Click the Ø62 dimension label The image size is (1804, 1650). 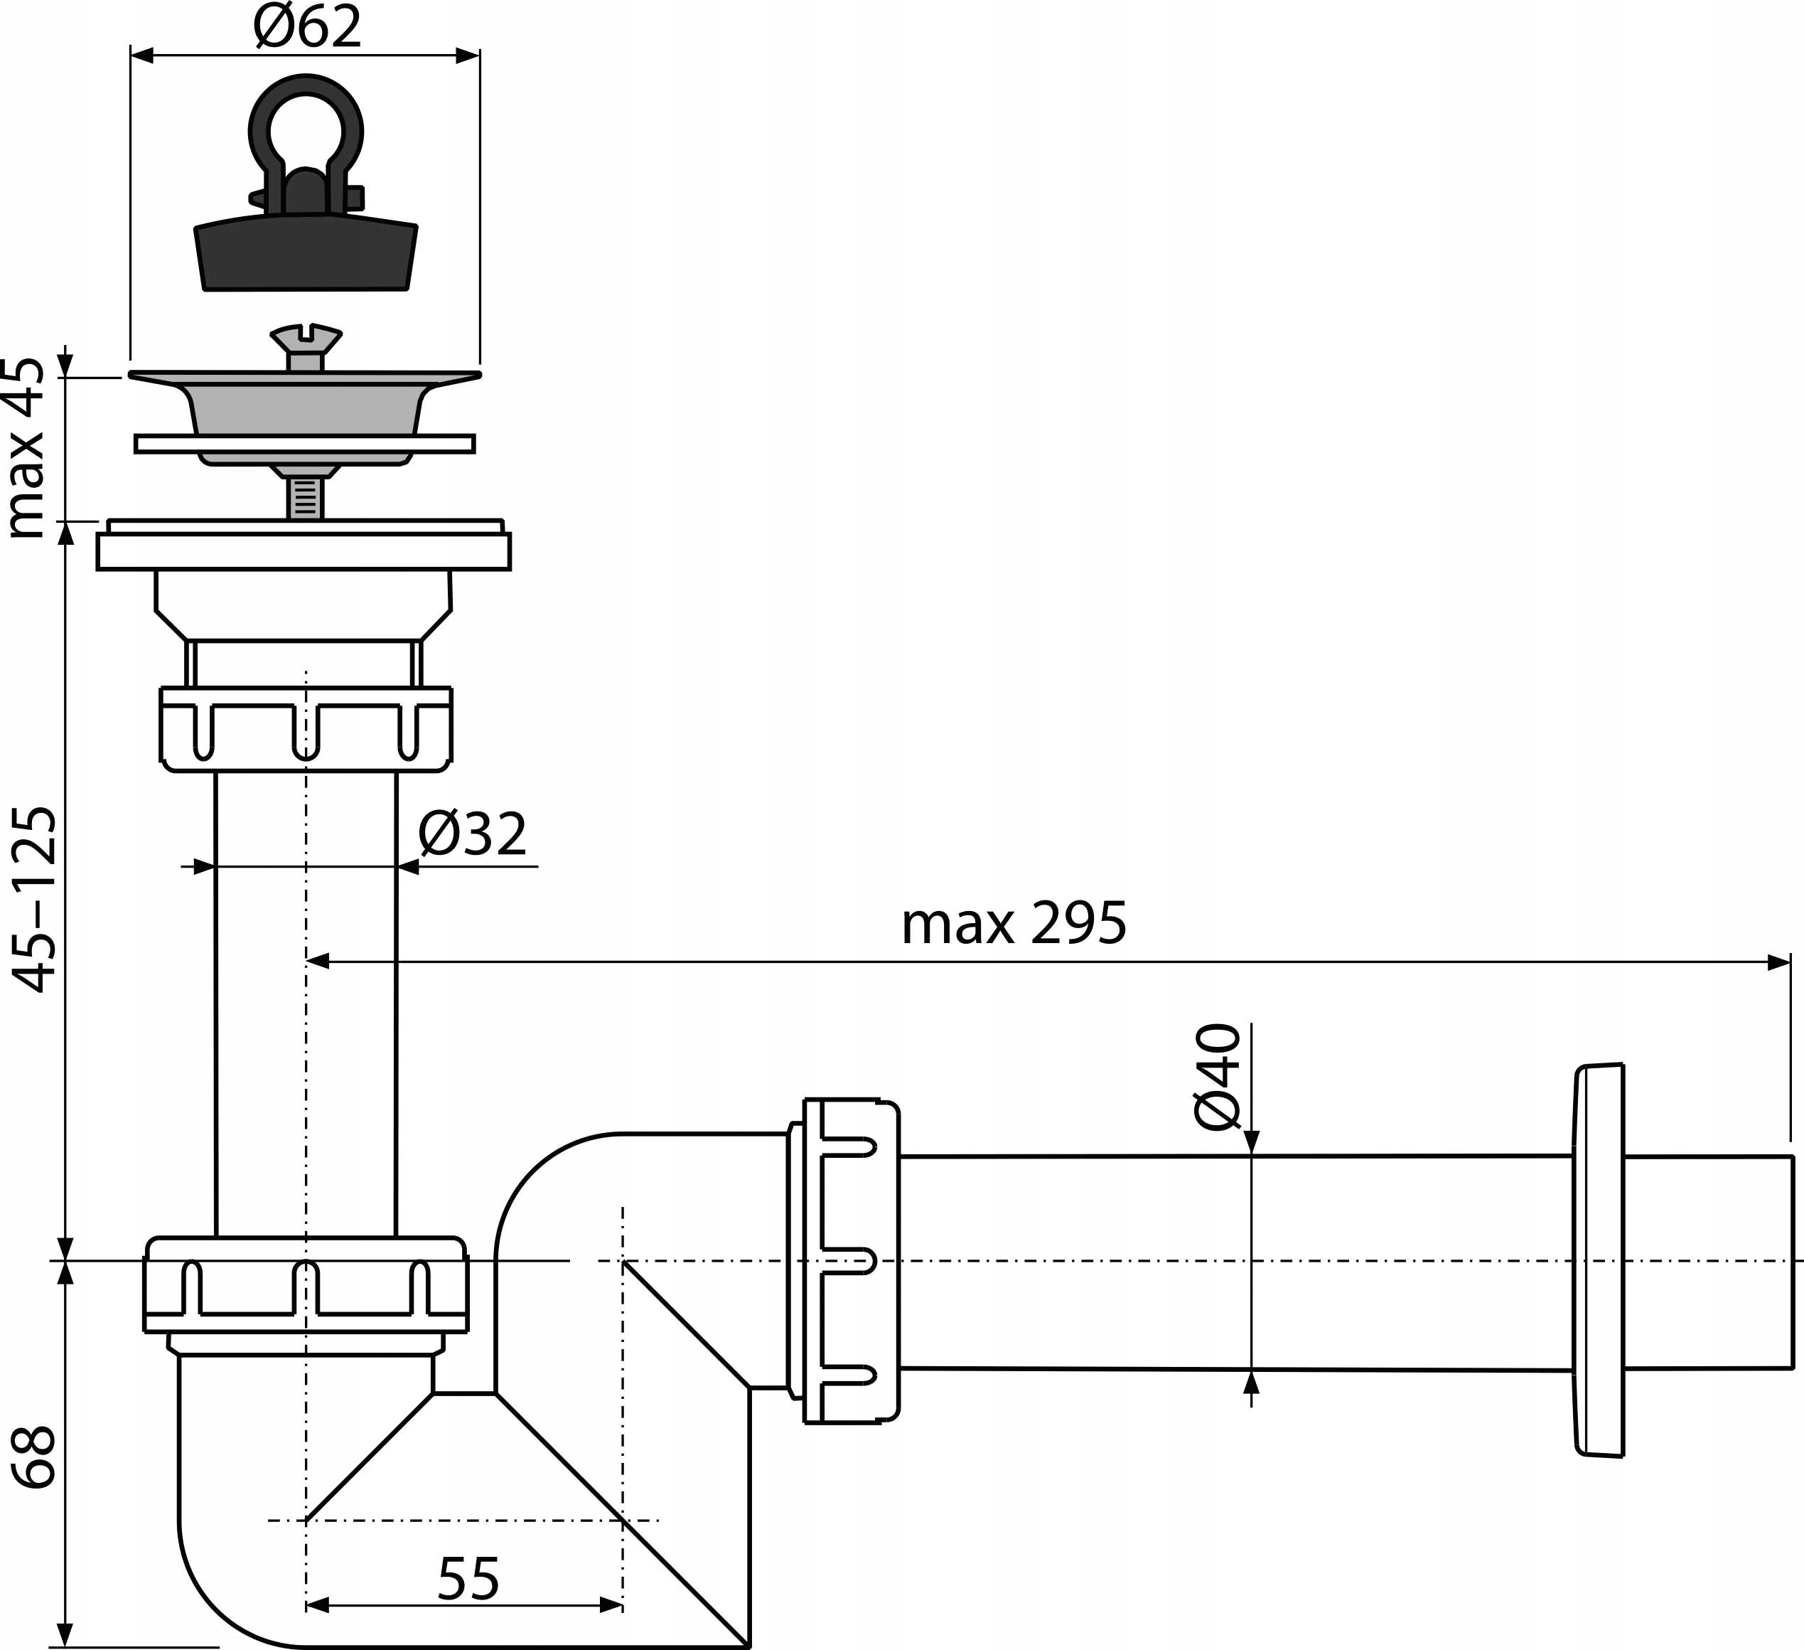308,27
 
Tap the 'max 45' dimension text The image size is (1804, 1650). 25,447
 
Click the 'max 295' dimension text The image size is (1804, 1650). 1013,924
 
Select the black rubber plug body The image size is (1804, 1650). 306,255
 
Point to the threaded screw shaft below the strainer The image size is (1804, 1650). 305,498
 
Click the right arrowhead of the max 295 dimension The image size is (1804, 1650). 1779,962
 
